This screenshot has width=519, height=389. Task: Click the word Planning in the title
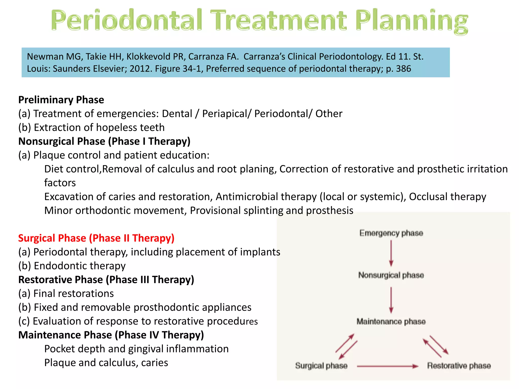tap(411, 21)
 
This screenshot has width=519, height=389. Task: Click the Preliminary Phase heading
tap(61, 100)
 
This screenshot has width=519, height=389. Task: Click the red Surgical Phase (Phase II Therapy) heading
tap(96, 238)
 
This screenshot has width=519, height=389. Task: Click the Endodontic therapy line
tap(72, 266)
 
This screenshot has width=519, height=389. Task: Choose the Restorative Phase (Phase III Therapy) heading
tap(106, 280)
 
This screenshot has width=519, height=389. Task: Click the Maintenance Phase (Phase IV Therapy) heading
tap(111, 335)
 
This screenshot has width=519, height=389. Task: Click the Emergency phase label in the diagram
tap(391, 233)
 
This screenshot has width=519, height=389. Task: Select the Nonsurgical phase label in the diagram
tap(391, 275)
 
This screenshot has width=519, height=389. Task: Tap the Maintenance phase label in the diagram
tap(391, 321)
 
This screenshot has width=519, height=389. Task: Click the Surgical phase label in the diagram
tap(321, 366)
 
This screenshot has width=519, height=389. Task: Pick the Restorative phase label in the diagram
tap(459, 366)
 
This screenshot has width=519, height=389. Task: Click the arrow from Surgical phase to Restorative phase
tap(387, 366)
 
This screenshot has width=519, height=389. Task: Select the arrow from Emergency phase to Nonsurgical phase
tap(391, 253)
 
